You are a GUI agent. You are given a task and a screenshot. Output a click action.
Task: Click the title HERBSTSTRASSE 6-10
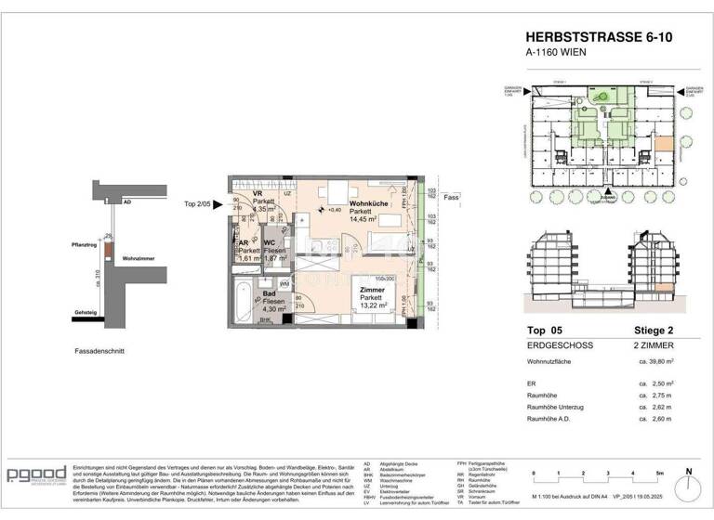[x=586, y=37]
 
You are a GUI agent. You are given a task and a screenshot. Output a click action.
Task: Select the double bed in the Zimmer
[x=383, y=299]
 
